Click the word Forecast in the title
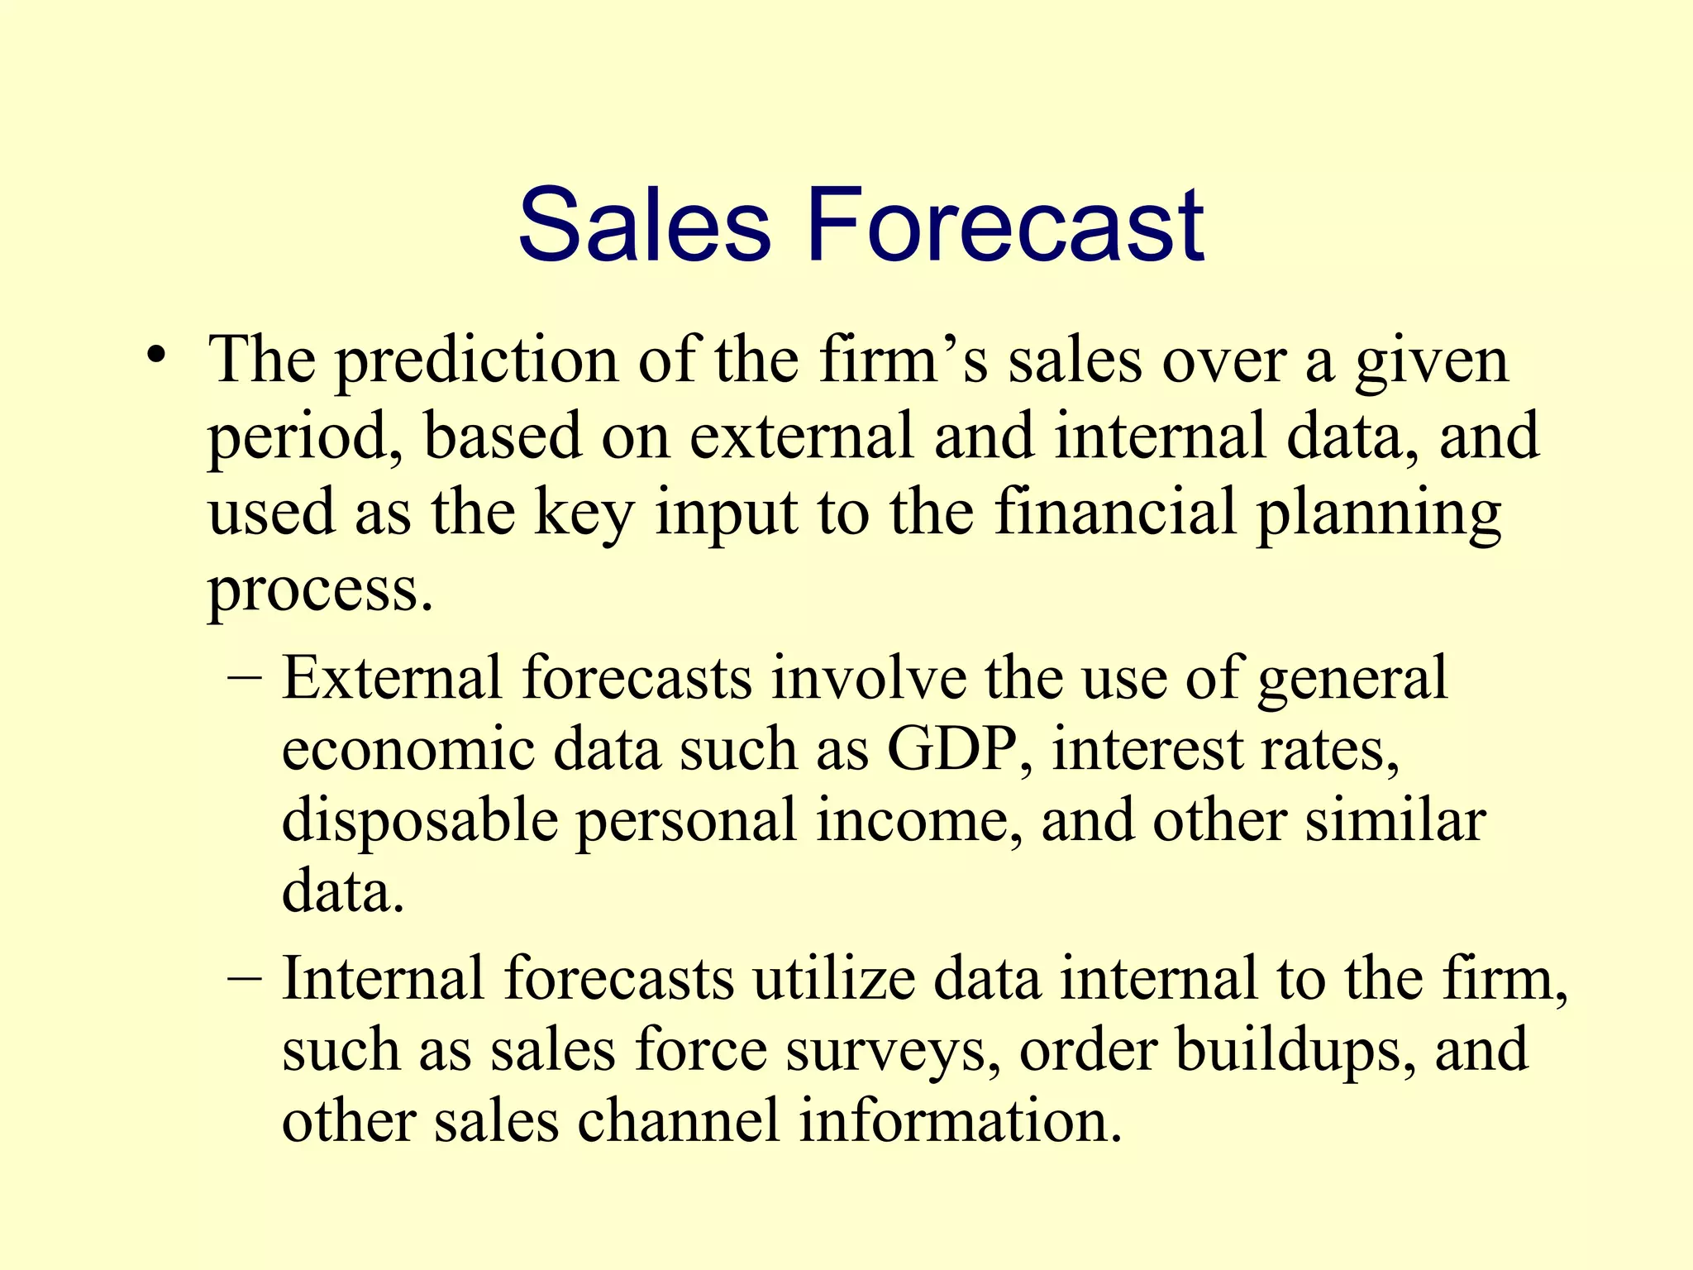[x=1005, y=226]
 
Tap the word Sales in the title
[x=644, y=226]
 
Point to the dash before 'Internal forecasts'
[x=244, y=979]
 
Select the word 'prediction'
[x=476, y=361]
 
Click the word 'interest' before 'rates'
[x=1147, y=749]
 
